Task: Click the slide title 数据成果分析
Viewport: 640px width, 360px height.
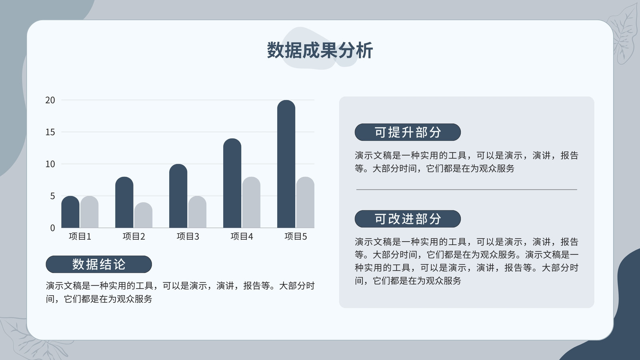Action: [320, 50]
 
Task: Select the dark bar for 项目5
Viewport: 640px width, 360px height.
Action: [286, 164]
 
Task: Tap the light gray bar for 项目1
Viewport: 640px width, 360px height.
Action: [90, 212]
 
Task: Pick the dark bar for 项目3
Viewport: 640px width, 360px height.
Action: [178, 196]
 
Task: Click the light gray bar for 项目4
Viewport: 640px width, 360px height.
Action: [251, 202]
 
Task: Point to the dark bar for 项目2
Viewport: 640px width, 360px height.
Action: [124, 202]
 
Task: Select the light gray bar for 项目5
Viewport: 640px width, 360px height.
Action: [305, 202]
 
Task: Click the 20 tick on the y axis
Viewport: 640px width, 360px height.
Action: [50, 100]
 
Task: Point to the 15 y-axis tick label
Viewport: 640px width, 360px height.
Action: [50, 132]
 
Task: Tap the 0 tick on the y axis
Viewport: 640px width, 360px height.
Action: [52, 228]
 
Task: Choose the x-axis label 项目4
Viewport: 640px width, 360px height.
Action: [242, 236]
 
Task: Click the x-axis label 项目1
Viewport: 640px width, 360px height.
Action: [80, 236]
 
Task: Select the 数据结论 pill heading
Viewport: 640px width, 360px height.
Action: [98, 264]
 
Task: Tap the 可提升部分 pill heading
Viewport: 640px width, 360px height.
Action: [408, 132]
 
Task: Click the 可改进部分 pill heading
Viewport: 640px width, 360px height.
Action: [408, 219]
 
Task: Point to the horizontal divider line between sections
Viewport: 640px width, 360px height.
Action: [466, 190]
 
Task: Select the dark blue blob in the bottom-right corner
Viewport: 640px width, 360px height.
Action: [614, 314]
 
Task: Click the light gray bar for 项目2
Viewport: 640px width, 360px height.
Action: [144, 215]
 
